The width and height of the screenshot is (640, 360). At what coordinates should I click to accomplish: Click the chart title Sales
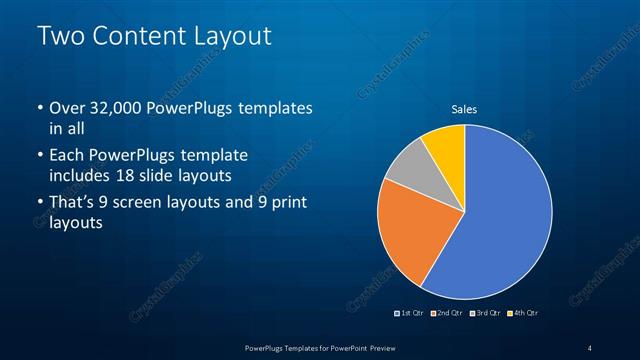pos(464,109)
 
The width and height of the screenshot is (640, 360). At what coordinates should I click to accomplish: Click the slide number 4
pos(590,347)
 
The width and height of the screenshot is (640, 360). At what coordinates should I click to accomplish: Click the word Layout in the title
pos(233,37)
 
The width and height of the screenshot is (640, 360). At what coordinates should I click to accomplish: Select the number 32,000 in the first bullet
pos(119,107)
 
